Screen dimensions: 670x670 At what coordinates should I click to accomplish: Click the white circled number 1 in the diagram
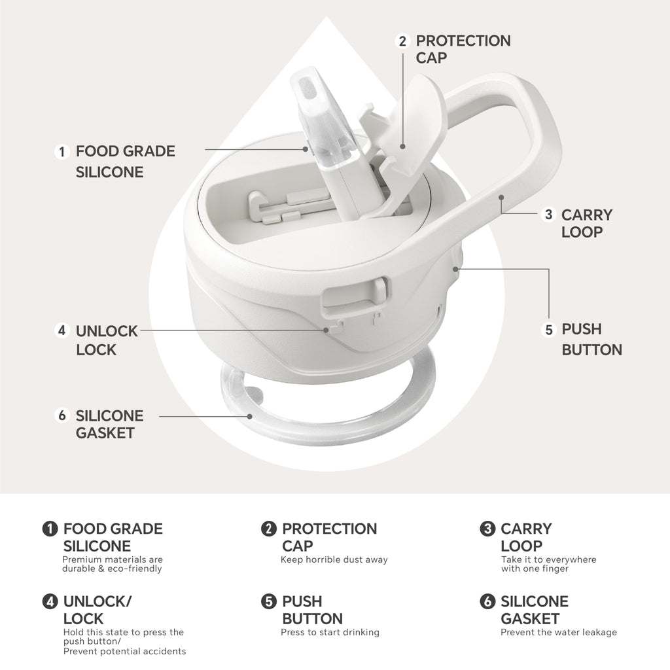[x=62, y=152]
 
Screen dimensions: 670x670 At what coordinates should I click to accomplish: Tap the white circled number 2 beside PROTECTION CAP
[x=402, y=41]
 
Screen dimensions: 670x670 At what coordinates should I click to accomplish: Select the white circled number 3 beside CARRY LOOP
[x=549, y=215]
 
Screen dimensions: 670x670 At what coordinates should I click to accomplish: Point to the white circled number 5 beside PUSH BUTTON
[x=549, y=330]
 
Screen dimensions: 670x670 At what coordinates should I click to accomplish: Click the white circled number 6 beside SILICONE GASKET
[x=62, y=415]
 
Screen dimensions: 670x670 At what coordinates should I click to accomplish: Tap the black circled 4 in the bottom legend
[x=50, y=601]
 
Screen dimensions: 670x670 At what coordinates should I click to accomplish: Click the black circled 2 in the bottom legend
[x=269, y=529]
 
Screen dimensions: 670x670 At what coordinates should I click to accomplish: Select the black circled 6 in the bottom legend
[x=487, y=601]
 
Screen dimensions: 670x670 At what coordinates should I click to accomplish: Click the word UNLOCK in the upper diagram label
[x=107, y=331]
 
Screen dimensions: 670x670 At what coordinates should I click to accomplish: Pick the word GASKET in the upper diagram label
[x=105, y=433]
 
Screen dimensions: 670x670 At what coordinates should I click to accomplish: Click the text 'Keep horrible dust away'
[x=334, y=559]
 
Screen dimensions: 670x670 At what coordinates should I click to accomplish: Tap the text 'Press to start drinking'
[x=330, y=633]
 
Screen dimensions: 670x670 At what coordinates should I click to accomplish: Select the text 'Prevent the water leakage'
[x=559, y=633]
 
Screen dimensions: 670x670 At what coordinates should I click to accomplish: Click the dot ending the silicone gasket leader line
[x=249, y=416]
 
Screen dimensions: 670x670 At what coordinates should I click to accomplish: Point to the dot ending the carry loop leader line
[x=501, y=198]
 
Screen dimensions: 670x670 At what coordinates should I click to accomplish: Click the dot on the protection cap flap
[x=402, y=147]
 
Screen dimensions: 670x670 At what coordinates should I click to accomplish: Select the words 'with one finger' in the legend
[x=535, y=569]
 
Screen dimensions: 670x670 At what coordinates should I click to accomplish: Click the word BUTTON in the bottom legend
[x=312, y=619]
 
